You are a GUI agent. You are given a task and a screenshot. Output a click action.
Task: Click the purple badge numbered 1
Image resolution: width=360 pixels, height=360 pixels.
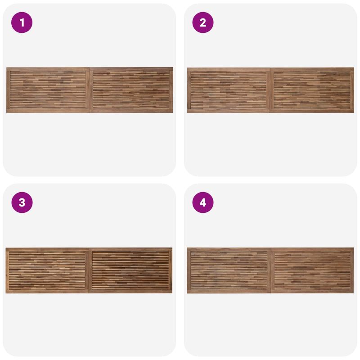22,22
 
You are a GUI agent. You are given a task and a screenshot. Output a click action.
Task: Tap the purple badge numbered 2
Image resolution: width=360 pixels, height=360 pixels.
203,22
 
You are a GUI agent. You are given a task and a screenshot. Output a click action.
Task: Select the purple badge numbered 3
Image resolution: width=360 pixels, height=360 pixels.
22,202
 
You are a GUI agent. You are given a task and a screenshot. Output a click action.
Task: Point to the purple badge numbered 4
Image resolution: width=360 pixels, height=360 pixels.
203,202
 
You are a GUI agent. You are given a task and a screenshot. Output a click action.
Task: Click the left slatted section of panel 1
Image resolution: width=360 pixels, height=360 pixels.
48,90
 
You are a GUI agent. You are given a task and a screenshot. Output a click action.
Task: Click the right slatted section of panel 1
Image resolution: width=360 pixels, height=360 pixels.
131,90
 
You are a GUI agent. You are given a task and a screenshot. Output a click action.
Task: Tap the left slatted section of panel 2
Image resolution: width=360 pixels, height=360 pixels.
229,90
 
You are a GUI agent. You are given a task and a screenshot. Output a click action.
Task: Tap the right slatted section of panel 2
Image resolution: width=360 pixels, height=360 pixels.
312,90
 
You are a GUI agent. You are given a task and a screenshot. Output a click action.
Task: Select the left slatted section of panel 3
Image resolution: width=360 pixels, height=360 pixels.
47,270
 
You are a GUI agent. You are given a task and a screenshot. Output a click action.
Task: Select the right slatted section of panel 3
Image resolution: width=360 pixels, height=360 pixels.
130,270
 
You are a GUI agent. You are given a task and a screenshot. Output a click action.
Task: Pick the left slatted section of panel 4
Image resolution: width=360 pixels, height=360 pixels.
229,270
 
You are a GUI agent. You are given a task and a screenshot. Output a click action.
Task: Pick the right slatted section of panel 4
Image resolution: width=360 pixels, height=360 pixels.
312,270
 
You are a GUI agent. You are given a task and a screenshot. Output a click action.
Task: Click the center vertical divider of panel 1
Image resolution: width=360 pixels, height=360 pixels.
89,90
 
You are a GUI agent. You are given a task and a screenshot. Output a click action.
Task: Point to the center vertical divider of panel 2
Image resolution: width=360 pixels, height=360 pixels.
270,90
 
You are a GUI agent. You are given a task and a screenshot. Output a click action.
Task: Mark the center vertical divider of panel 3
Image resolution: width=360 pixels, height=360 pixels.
89,270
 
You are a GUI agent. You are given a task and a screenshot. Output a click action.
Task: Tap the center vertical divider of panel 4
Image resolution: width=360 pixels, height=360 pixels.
271,270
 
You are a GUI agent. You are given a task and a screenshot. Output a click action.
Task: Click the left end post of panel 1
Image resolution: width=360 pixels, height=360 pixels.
8,90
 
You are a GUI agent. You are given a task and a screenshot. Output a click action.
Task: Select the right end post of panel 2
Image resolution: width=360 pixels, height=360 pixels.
352,90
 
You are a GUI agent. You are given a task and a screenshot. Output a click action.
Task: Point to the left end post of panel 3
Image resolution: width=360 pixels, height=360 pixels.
7,270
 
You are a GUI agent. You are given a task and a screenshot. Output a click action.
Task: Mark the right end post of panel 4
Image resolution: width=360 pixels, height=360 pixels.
352,270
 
